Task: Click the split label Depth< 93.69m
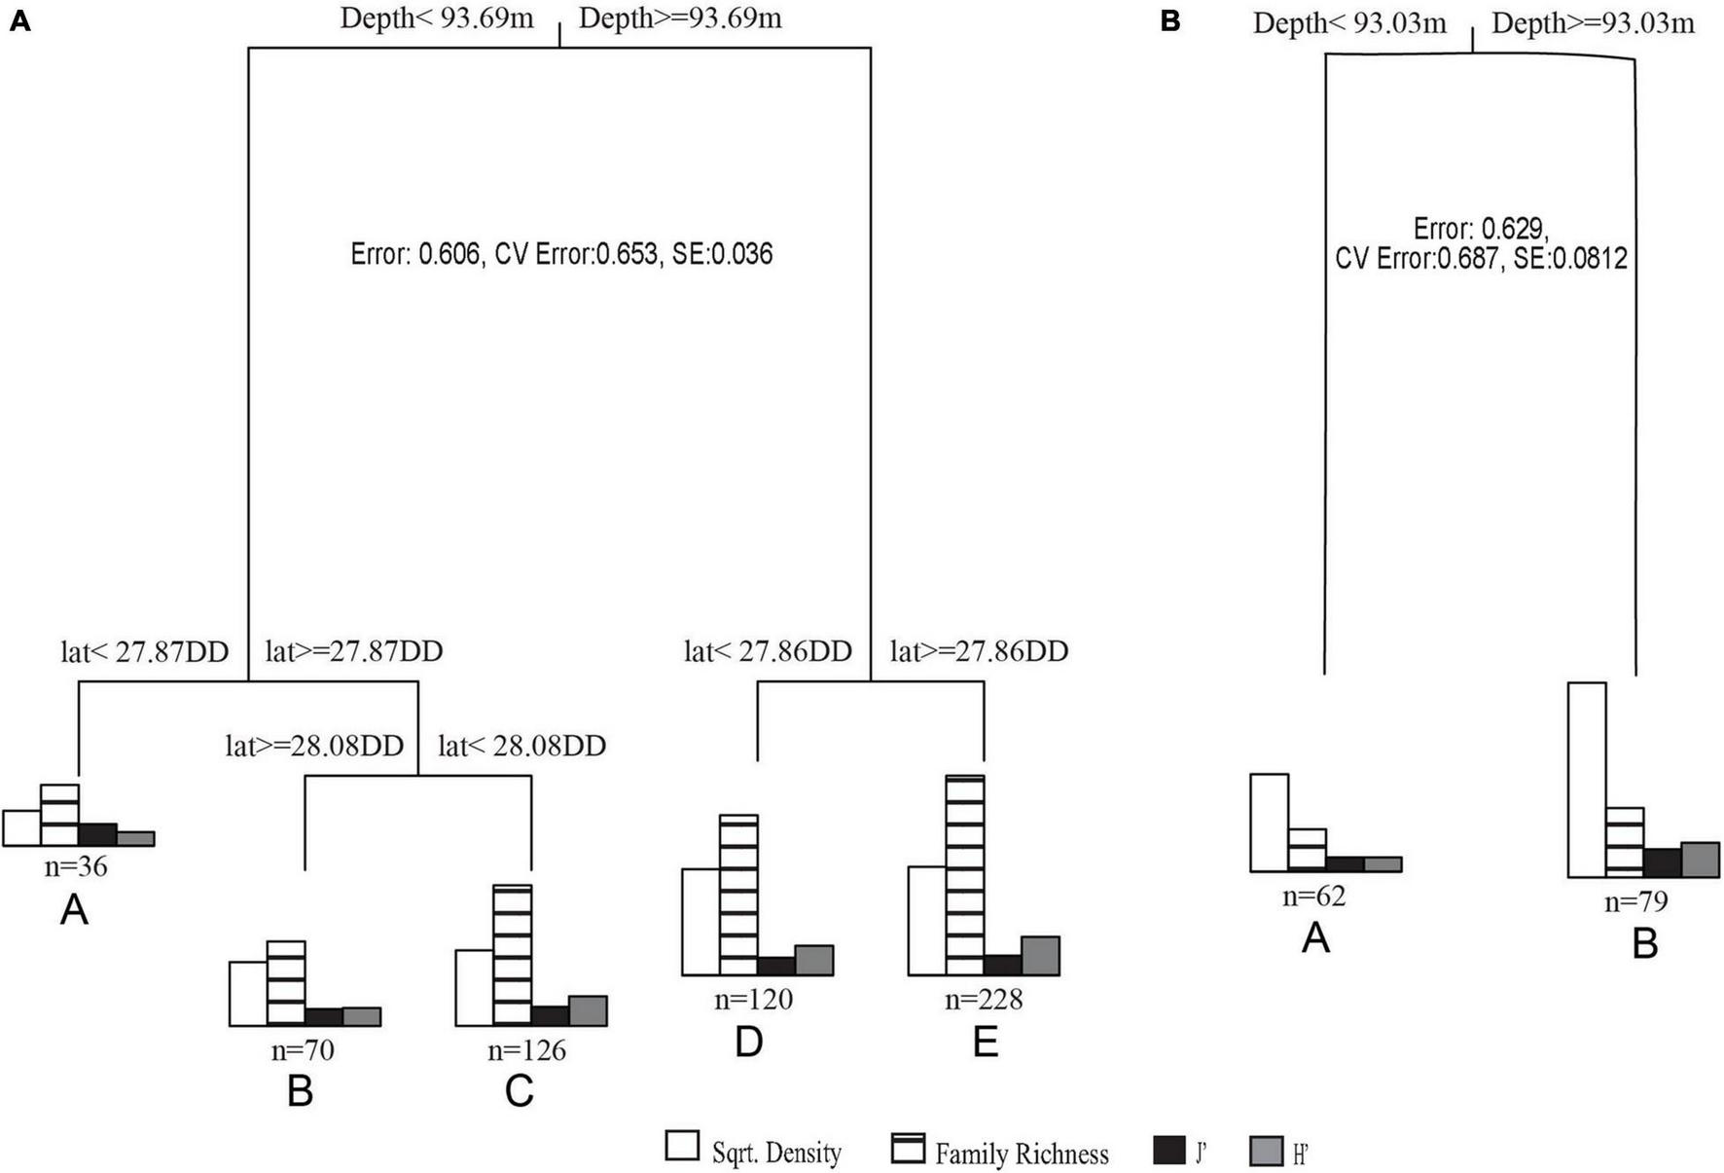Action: click(x=437, y=18)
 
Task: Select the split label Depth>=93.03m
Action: click(x=1592, y=22)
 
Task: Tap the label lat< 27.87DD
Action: click(x=145, y=651)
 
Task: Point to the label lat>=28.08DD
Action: click(x=314, y=746)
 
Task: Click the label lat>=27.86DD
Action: click(x=979, y=651)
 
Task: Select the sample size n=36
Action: click(x=76, y=865)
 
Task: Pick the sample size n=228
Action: click(x=984, y=999)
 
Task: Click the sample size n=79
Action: click(x=1635, y=901)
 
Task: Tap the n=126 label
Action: click(x=526, y=1049)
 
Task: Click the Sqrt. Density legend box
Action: click(x=682, y=1146)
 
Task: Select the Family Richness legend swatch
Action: click(x=907, y=1148)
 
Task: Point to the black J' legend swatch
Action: click(x=1168, y=1150)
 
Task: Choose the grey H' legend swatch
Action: click(x=1266, y=1152)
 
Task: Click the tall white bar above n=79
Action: click(x=1587, y=780)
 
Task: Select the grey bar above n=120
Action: click(x=813, y=960)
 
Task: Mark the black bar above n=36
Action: click(x=97, y=834)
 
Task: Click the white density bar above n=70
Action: click(x=248, y=993)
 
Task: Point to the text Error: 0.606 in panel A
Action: click(x=415, y=255)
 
